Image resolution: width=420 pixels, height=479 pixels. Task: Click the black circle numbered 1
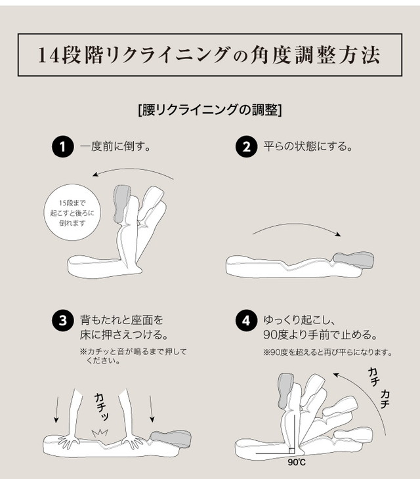[x=63, y=146]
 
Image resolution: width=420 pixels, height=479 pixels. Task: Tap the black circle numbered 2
[x=246, y=146]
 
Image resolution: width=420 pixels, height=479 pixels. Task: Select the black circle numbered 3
[x=63, y=321]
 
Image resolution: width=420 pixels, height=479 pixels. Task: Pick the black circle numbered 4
[x=246, y=321]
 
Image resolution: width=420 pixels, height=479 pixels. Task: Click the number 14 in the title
[x=49, y=55]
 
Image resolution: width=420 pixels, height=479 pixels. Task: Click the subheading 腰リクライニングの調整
[x=210, y=110]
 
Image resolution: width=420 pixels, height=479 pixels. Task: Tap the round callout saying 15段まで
[x=72, y=213]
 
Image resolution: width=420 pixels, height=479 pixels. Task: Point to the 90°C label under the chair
[x=296, y=462]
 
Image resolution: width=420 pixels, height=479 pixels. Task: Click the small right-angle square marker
[x=292, y=451]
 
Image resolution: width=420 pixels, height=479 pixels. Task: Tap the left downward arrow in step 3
[x=56, y=409]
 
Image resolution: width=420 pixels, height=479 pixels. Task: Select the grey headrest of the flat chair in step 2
[x=354, y=260]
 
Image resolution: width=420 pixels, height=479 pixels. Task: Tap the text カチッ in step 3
[x=102, y=406]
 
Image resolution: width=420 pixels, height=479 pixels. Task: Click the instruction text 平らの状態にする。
[x=308, y=146]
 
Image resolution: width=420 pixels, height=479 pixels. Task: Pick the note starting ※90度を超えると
[x=327, y=352]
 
